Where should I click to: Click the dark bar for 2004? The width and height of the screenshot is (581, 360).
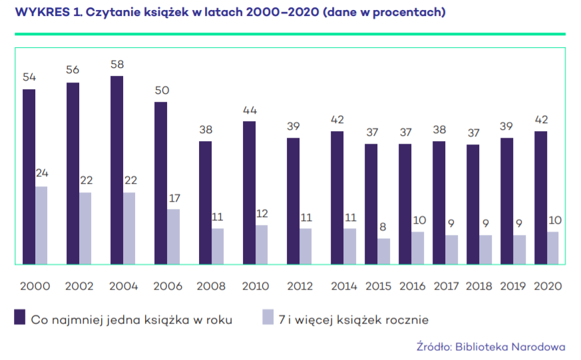click(116, 170)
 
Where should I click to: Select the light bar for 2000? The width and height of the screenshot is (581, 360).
click(41, 225)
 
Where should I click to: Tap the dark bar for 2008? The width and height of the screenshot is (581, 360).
click(205, 202)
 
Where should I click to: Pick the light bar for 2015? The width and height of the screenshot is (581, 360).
click(383, 251)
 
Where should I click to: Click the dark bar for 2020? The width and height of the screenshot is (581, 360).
click(541, 198)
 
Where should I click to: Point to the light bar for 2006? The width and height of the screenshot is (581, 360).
click(173, 236)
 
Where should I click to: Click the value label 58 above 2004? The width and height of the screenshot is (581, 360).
click(117, 65)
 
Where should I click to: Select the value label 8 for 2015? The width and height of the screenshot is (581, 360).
click(383, 227)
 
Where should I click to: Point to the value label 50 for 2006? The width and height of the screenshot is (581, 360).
click(161, 90)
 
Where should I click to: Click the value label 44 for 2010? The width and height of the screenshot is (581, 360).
click(249, 110)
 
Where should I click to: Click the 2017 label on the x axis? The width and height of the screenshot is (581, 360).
click(446, 286)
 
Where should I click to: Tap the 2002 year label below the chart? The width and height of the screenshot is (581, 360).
click(79, 286)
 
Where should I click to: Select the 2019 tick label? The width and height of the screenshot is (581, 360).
click(514, 286)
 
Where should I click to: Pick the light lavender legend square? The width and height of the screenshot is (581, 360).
click(268, 318)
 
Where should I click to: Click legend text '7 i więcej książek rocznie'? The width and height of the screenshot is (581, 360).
click(353, 319)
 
